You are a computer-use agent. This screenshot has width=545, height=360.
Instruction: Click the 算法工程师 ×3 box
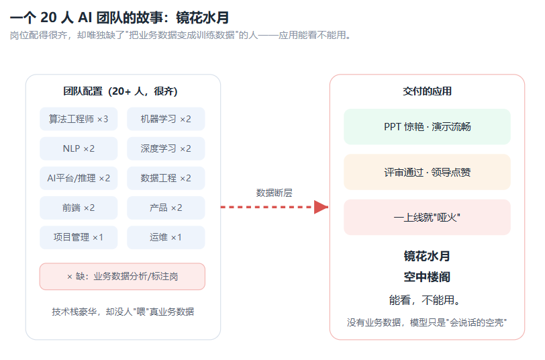tap(79, 119)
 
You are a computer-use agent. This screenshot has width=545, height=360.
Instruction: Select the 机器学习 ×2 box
tap(166, 119)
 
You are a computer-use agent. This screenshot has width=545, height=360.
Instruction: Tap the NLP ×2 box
tap(79, 148)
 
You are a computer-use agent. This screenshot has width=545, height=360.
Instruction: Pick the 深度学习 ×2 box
tap(166, 148)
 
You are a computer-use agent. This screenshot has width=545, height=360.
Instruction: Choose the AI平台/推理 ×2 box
tap(79, 178)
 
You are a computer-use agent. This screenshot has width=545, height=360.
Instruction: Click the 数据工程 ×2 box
tap(166, 178)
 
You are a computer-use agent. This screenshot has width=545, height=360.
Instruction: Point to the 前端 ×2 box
tap(79, 208)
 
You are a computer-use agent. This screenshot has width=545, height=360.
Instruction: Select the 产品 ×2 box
tap(166, 208)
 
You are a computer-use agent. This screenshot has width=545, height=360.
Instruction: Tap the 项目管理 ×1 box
tap(79, 237)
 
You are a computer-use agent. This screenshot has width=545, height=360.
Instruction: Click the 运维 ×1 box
tap(166, 237)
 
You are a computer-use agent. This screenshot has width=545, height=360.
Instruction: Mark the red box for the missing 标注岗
tap(122, 277)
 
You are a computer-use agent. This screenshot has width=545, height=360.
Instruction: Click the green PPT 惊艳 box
tap(427, 127)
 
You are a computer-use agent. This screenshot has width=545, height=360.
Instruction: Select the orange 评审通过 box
tap(427, 172)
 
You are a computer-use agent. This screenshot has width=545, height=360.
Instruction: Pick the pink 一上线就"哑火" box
tap(427, 218)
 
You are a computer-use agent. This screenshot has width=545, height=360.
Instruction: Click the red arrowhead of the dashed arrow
tap(321, 207)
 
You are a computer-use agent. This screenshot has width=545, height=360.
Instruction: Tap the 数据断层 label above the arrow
tap(275, 193)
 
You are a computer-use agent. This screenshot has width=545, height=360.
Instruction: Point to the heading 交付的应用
tap(427, 91)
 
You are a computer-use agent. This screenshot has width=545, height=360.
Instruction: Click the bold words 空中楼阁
tap(427, 277)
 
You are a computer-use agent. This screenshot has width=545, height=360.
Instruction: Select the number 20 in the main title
tap(48, 17)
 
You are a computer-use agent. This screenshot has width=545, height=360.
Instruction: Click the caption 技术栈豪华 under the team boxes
tap(75, 312)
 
